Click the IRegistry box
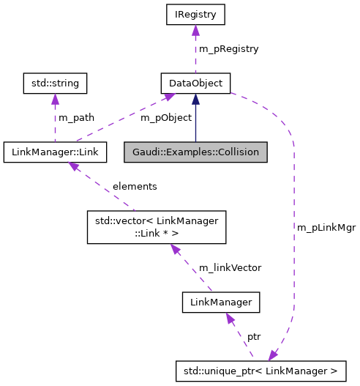pyautogui.click(x=195, y=14)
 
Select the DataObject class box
pyautogui.click(x=195, y=83)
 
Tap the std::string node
pyautogui.click(x=55, y=83)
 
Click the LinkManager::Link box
pyautogui.click(x=55, y=152)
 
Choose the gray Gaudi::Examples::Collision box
pyautogui.click(x=195, y=152)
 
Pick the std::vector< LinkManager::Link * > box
pyautogui.click(x=157, y=227)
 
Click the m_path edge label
pyautogui.click(x=78, y=117)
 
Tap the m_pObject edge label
pyautogui.click(x=165, y=117)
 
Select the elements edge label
pyautogui.click(x=134, y=186)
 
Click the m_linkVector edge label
pyautogui.click(x=230, y=267)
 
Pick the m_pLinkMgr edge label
pyautogui.click(x=326, y=227)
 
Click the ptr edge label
pyautogui.click(x=253, y=336)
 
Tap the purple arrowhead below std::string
pyautogui.click(x=55, y=99)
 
